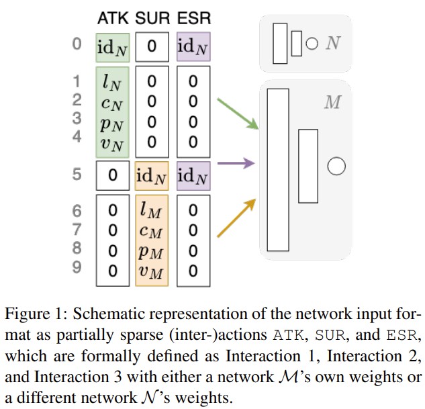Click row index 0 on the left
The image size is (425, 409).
coord(77,45)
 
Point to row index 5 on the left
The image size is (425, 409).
coord(77,175)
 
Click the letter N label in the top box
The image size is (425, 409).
coord(332,44)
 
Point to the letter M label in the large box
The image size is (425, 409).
coord(332,103)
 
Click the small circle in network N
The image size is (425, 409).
coord(312,45)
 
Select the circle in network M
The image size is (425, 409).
coord(335,166)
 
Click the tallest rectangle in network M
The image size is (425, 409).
coord(277,169)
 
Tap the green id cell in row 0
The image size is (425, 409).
coord(112,47)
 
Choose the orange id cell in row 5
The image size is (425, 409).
coord(152,176)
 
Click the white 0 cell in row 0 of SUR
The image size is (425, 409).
coord(152,47)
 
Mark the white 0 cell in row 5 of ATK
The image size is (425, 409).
coord(112,176)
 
